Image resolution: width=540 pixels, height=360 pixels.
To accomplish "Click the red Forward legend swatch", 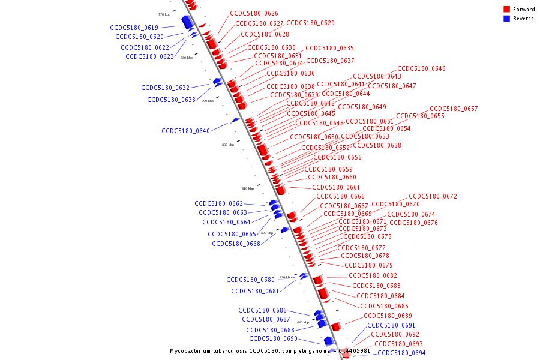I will pos(507,9).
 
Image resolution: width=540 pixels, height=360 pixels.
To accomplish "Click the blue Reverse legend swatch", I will pos(507,19).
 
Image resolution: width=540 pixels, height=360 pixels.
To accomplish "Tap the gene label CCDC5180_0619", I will pos(134,28).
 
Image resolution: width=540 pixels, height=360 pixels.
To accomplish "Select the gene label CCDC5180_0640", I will pos(185,131).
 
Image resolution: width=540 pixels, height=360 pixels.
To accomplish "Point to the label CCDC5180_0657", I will pos(454,109).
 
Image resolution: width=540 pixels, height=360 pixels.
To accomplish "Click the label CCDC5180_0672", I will pos(433,196).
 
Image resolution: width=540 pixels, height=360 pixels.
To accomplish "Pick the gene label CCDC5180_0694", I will pos(401,353).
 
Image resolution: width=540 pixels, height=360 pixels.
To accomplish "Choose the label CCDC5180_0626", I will pos(254,13).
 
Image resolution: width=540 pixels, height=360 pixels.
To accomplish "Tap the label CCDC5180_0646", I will pos(421,68).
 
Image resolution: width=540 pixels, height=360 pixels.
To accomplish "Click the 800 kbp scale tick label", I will pos(228,145).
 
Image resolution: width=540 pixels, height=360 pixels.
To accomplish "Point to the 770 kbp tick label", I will pos(164,14).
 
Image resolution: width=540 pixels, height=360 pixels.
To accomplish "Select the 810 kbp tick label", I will pos(248,188).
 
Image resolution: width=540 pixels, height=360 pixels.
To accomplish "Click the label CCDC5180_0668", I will pos(236,244).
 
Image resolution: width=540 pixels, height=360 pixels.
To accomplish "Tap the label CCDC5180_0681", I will pos(255,291).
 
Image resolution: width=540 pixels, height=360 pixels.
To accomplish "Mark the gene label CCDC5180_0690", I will pos(273,338).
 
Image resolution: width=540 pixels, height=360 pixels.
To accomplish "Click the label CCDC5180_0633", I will pos(171,100).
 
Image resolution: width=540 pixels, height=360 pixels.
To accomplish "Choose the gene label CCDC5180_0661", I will pos(336,187).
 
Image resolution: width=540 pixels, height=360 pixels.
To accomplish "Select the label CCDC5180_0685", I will pos(384,306).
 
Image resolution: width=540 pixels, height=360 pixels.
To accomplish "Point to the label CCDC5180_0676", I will pos(413,223).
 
